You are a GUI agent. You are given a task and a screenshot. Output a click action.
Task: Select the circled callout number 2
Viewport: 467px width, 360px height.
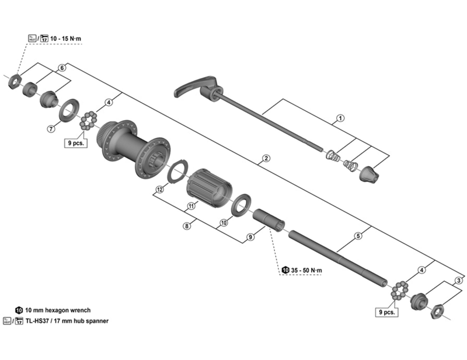click(266, 159)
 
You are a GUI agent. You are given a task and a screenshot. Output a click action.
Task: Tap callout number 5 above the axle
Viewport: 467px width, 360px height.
click(358, 236)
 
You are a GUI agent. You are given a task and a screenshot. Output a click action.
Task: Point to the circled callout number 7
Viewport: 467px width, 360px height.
click(51, 128)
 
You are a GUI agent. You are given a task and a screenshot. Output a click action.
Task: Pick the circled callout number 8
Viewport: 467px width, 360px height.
click(186, 226)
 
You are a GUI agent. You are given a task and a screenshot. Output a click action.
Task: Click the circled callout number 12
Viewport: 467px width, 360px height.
click(159, 188)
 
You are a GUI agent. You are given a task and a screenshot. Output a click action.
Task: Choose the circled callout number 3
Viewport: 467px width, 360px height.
click(459, 281)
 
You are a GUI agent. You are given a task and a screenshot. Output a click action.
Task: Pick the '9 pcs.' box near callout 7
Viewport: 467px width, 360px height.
click(75, 142)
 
